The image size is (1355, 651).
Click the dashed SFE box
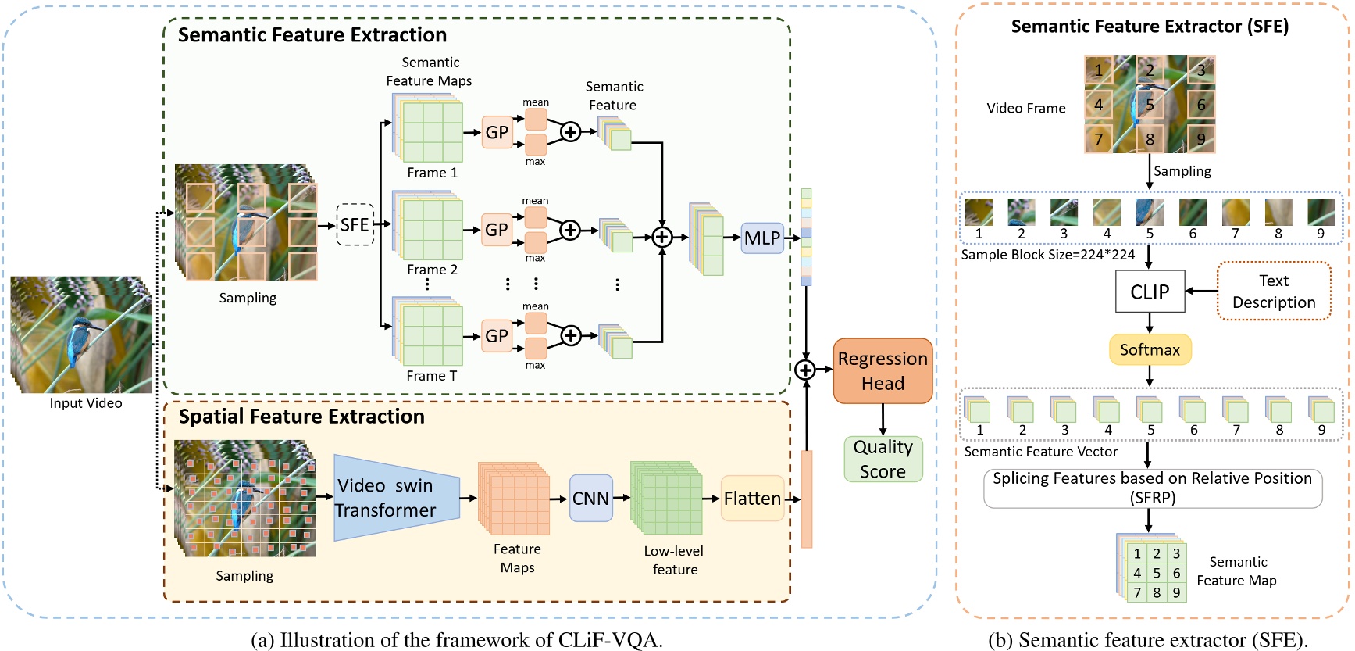355,225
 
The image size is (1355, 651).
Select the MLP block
762,238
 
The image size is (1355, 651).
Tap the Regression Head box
883,371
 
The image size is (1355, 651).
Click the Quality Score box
883,460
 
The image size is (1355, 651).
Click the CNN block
590,499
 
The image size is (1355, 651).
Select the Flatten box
752,499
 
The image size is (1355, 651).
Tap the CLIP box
1150,292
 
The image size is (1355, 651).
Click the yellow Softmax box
1150,349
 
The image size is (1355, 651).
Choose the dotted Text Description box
1274,292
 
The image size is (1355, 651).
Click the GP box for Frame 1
497,132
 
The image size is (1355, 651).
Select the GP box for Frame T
497,336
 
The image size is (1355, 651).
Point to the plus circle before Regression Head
805,370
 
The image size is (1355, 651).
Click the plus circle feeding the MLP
662,237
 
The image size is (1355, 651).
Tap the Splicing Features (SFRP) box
1152,488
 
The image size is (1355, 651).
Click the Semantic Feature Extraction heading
312,35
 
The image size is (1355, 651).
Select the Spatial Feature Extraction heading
301,417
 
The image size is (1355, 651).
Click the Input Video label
86,403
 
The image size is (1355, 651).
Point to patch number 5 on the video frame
1150,105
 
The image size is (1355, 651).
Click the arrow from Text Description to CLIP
1201,291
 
